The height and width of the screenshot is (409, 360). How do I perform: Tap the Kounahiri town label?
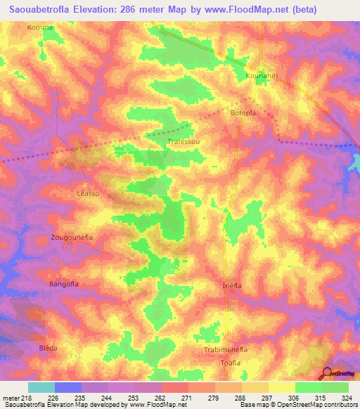pos(264,75)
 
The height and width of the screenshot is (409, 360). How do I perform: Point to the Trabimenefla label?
pos(231,349)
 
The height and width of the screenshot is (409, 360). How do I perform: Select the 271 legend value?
pos(186,398)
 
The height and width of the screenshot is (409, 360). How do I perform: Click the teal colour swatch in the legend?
pos(41,387)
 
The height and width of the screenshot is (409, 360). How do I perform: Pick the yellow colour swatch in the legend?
pos(281,387)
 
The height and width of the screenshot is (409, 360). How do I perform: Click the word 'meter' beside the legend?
pos(11,398)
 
